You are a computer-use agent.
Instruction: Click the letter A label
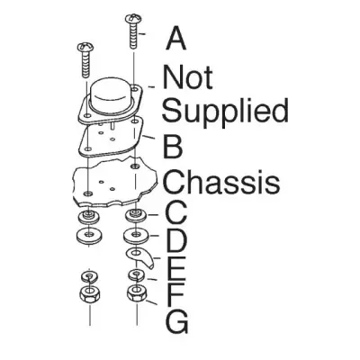pyautogui.click(x=175, y=38)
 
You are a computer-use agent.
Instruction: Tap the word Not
pyautogui.click(x=187, y=76)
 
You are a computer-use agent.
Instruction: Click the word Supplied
pyautogui.click(x=225, y=111)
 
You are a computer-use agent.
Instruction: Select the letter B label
pyautogui.click(x=173, y=147)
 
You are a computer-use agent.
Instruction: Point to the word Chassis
pyautogui.click(x=221, y=182)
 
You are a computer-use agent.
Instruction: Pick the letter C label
pyautogui.click(x=175, y=212)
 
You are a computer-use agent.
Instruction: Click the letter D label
pyautogui.click(x=175, y=240)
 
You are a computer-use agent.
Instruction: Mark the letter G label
pyautogui.click(x=177, y=321)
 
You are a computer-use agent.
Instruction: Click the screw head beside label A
pyautogui.click(x=133, y=19)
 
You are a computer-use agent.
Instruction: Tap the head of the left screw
pyautogui.click(x=85, y=47)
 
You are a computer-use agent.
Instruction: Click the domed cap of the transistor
pyautogui.click(x=112, y=95)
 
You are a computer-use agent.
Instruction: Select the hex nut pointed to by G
pyautogui.click(x=137, y=293)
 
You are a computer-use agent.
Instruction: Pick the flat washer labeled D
pyautogui.click(x=137, y=235)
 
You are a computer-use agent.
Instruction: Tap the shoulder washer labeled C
pyautogui.click(x=136, y=216)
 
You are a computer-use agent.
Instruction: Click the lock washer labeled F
pyautogui.click(x=137, y=274)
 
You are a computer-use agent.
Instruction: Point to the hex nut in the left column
pyautogui.click(x=89, y=294)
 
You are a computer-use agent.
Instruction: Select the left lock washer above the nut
pyautogui.click(x=90, y=276)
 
